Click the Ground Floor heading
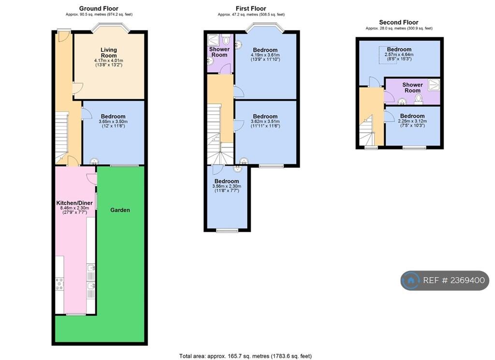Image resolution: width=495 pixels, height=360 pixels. tap(99, 9)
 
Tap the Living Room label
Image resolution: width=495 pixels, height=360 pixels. tap(109, 52)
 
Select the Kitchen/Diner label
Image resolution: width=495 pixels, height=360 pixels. tap(74, 203)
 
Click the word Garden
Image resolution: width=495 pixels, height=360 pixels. tap(120, 210)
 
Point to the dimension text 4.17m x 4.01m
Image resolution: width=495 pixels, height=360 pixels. tap(109, 60)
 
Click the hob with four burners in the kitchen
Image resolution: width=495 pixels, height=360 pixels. tap(59, 284)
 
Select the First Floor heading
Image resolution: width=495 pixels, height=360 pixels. tap(251, 9)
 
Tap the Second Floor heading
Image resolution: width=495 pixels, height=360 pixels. tap(399, 22)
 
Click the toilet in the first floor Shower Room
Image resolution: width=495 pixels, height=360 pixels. tap(226, 40)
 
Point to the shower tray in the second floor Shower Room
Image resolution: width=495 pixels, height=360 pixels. tap(434, 84)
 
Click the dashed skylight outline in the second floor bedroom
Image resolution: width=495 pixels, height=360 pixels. tap(388, 55)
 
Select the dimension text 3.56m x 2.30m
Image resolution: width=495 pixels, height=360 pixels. tap(227, 186)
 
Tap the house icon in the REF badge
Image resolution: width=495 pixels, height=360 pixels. tap(411, 280)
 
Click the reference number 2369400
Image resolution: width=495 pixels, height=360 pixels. tap(467, 280)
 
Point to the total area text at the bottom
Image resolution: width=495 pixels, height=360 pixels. tap(245, 356)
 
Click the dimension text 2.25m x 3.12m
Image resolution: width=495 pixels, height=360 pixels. tap(412, 121)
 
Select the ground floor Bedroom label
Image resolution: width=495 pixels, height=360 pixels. tap(113, 116)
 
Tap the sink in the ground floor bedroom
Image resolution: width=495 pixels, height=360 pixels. tap(94, 161)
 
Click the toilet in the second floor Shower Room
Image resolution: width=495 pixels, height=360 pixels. tap(419, 99)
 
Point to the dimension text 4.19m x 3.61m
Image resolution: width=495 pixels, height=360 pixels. tap(265, 55)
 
